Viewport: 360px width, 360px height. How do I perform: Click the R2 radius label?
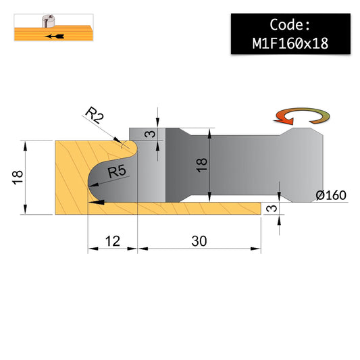[95, 115]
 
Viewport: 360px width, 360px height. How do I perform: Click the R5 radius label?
[117, 172]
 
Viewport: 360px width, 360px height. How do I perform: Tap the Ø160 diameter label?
[331, 195]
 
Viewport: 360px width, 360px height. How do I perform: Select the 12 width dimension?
[113, 241]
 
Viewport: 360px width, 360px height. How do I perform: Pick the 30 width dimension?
[199, 241]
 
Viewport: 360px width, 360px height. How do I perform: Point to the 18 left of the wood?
[18, 178]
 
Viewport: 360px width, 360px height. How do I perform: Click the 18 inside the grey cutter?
[202, 165]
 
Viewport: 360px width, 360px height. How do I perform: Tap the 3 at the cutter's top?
[151, 134]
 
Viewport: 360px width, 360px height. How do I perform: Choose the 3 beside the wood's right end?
[272, 209]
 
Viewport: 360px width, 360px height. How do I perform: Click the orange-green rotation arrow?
[302, 116]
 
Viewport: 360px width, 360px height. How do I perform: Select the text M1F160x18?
[290, 43]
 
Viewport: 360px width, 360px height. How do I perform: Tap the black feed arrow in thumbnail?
[55, 36]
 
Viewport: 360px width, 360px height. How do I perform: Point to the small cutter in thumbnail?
[49, 21]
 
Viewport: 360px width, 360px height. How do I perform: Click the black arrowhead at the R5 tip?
[94, 184]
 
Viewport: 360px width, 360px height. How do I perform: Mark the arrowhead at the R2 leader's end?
[118, 140]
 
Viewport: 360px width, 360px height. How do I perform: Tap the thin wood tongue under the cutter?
[174, 209]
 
